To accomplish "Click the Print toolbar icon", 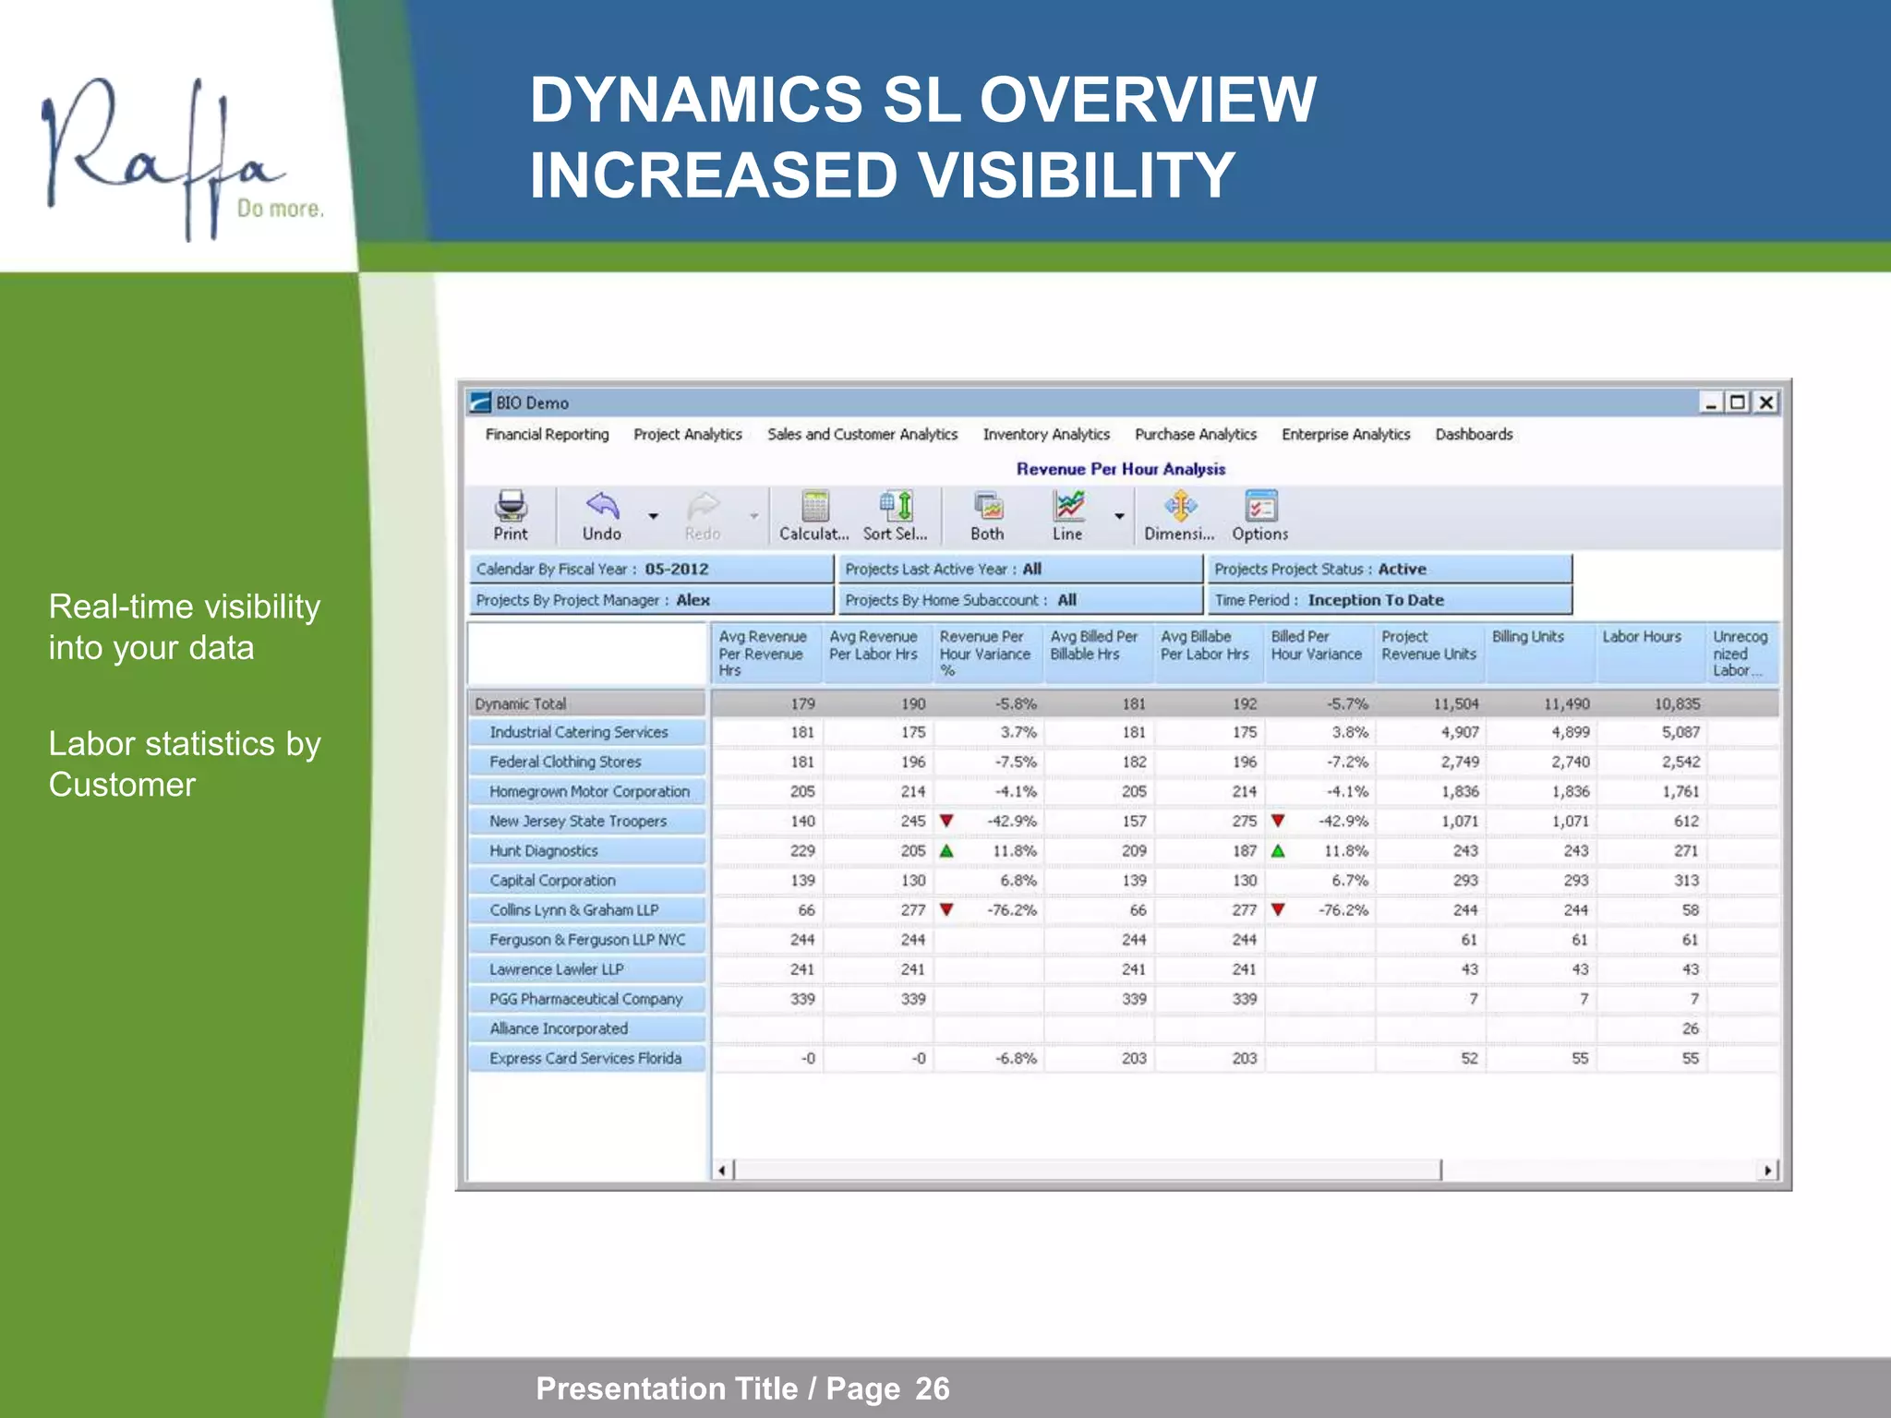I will click(511, 508).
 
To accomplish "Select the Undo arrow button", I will click(602, 508).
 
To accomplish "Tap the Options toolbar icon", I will click(1260, 508).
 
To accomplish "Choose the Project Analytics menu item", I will click(688, 434).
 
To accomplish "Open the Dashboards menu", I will click(1474, 434).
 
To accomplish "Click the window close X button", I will click(1765, 403).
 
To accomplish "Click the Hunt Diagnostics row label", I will click(543, 851).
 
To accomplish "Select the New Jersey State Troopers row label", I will click(578, 822).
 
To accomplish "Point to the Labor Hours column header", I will click(1642, 637).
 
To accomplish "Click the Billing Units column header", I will click(1528, 637).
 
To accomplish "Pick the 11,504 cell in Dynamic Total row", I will click(1455, 704).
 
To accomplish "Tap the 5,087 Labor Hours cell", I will click(1680, 733).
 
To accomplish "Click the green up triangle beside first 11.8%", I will click(946, 851).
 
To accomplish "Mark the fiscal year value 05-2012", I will click(677, 570).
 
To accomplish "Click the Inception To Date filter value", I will click(1376, 600).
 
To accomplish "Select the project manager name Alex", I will click(693, 600).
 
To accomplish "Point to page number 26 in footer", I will click(932, 1388).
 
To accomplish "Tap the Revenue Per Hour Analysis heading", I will click(1121, 469).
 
